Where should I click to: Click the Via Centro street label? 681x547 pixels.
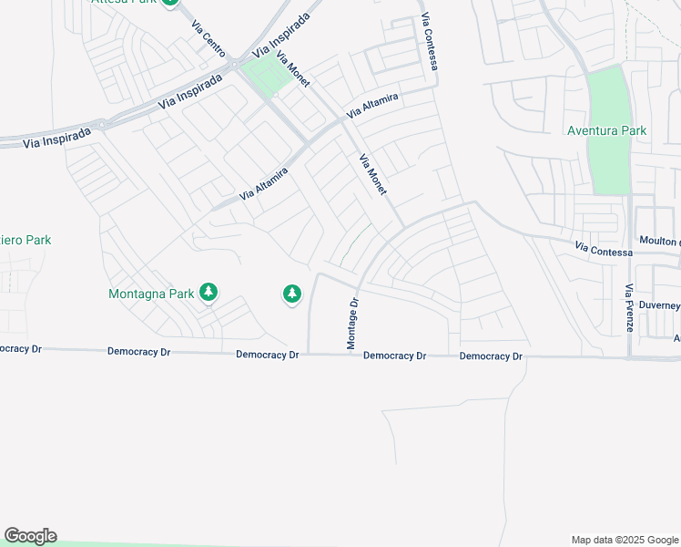[x=208, y=38]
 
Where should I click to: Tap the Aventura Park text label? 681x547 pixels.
[x=606, y=130]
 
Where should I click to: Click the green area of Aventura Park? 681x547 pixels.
[x=608, y=100]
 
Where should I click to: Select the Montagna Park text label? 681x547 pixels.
[x=151, y=294]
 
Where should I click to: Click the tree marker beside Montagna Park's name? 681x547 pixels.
[x=209, y=292]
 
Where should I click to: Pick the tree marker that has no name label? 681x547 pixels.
[x=291, y=294]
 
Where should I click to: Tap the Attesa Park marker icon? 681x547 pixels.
[x=169, y=3]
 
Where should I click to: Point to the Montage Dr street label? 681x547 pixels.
[x=352, y=322]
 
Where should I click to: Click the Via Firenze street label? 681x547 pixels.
[x=628, y=307]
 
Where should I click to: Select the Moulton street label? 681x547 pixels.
[x=659, y=241]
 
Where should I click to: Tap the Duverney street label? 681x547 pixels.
[x=660, y=305]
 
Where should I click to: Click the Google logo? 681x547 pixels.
[x=30, y=536]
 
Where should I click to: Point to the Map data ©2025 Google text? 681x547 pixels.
[x=624, y=540]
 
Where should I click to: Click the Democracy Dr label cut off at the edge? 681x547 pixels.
[x=21, y=348]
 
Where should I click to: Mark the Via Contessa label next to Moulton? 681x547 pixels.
[x=603, y=249]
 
